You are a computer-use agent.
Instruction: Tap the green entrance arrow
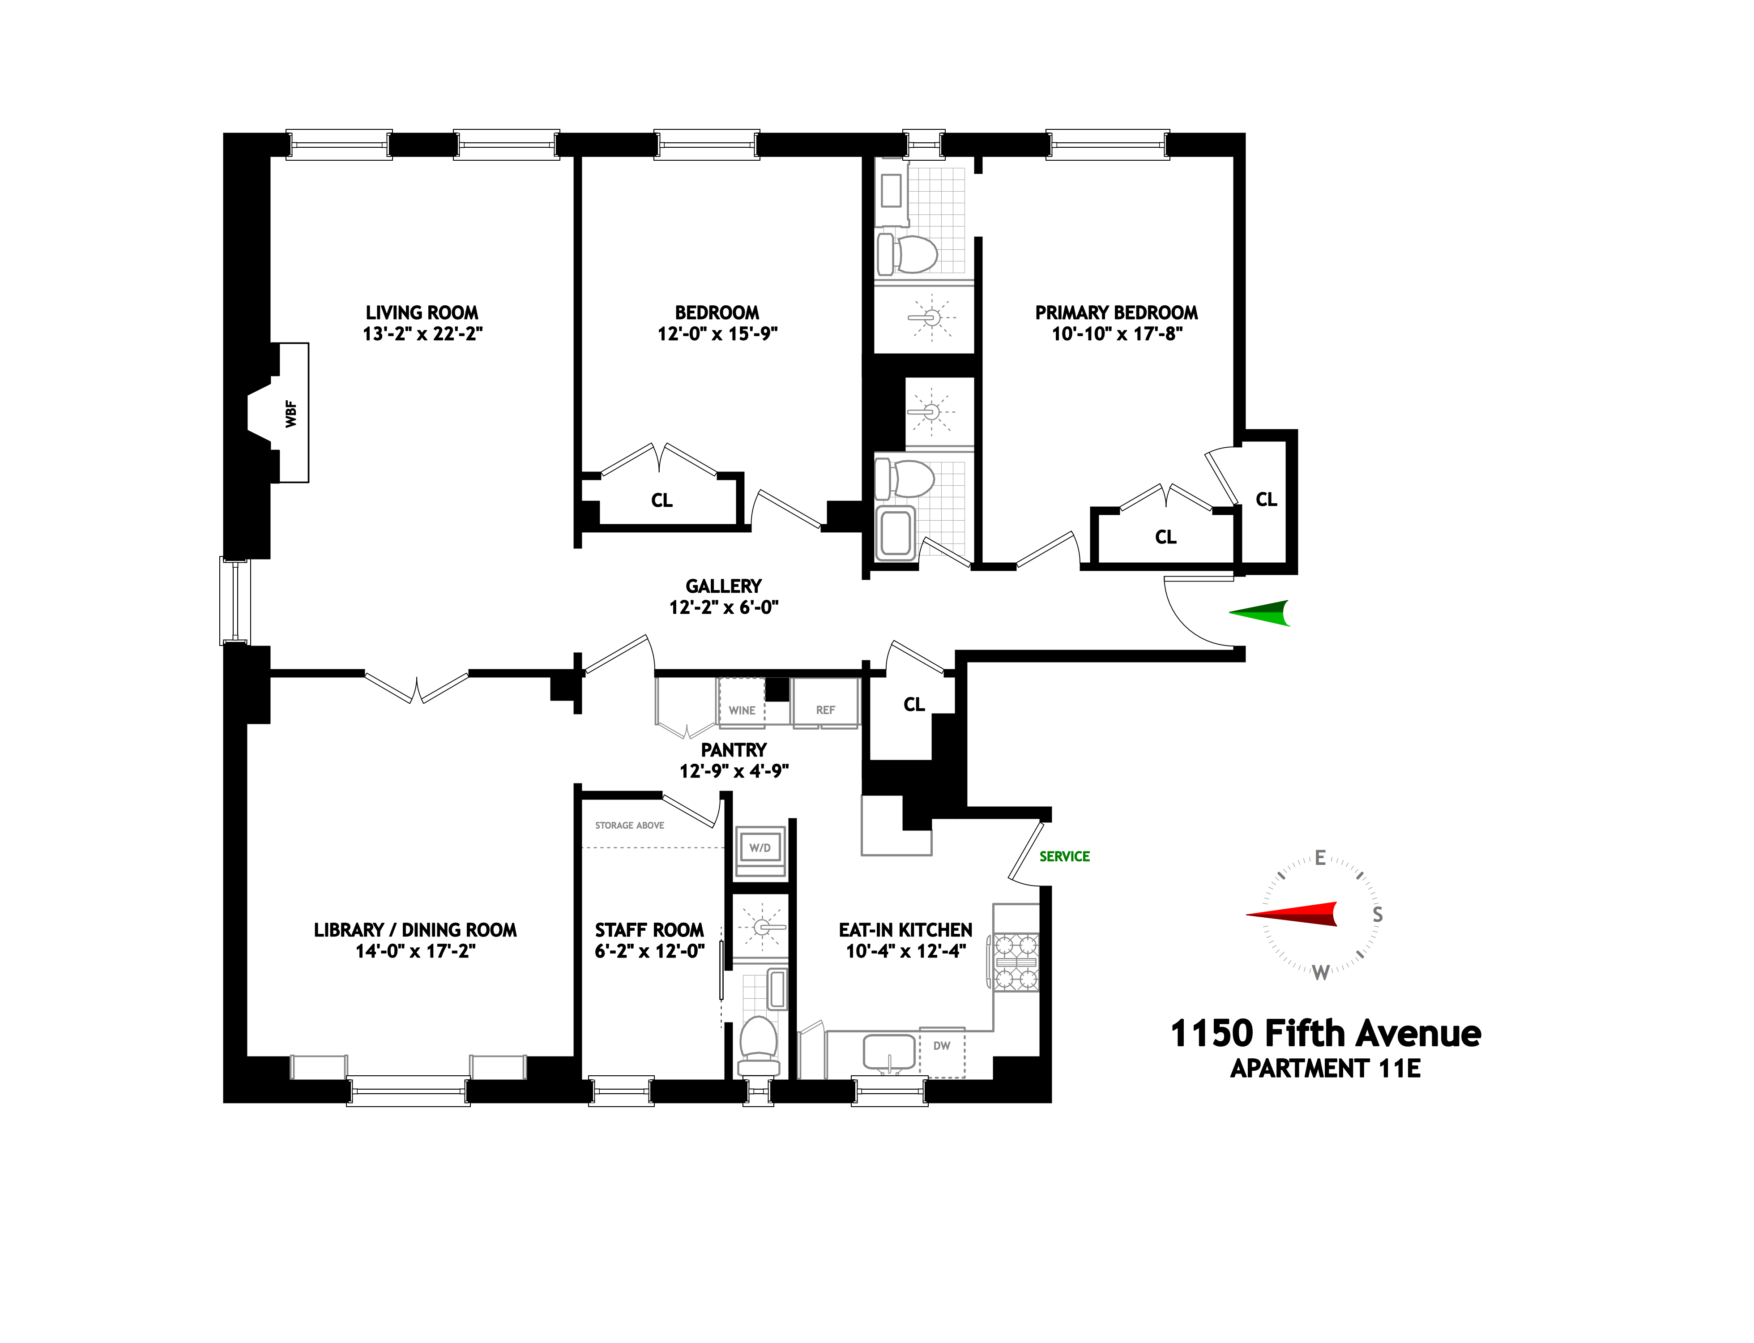point(1260,613)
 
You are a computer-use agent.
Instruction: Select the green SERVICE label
point(1064,856)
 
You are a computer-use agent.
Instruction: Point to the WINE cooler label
point(742,710)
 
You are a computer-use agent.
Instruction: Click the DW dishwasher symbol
point(942,1046)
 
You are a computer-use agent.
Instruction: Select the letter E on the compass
point(1320,858)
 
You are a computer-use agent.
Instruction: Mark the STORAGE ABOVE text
point(630,825)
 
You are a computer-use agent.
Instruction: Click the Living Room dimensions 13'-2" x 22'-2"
point(422,334)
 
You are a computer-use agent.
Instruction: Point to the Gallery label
point(723,586)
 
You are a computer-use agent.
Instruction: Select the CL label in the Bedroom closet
point(661,500)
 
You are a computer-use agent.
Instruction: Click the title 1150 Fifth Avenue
point(1326,1034)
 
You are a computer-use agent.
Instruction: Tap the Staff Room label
point(649,930)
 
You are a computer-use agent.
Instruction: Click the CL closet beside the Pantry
point(913,704)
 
